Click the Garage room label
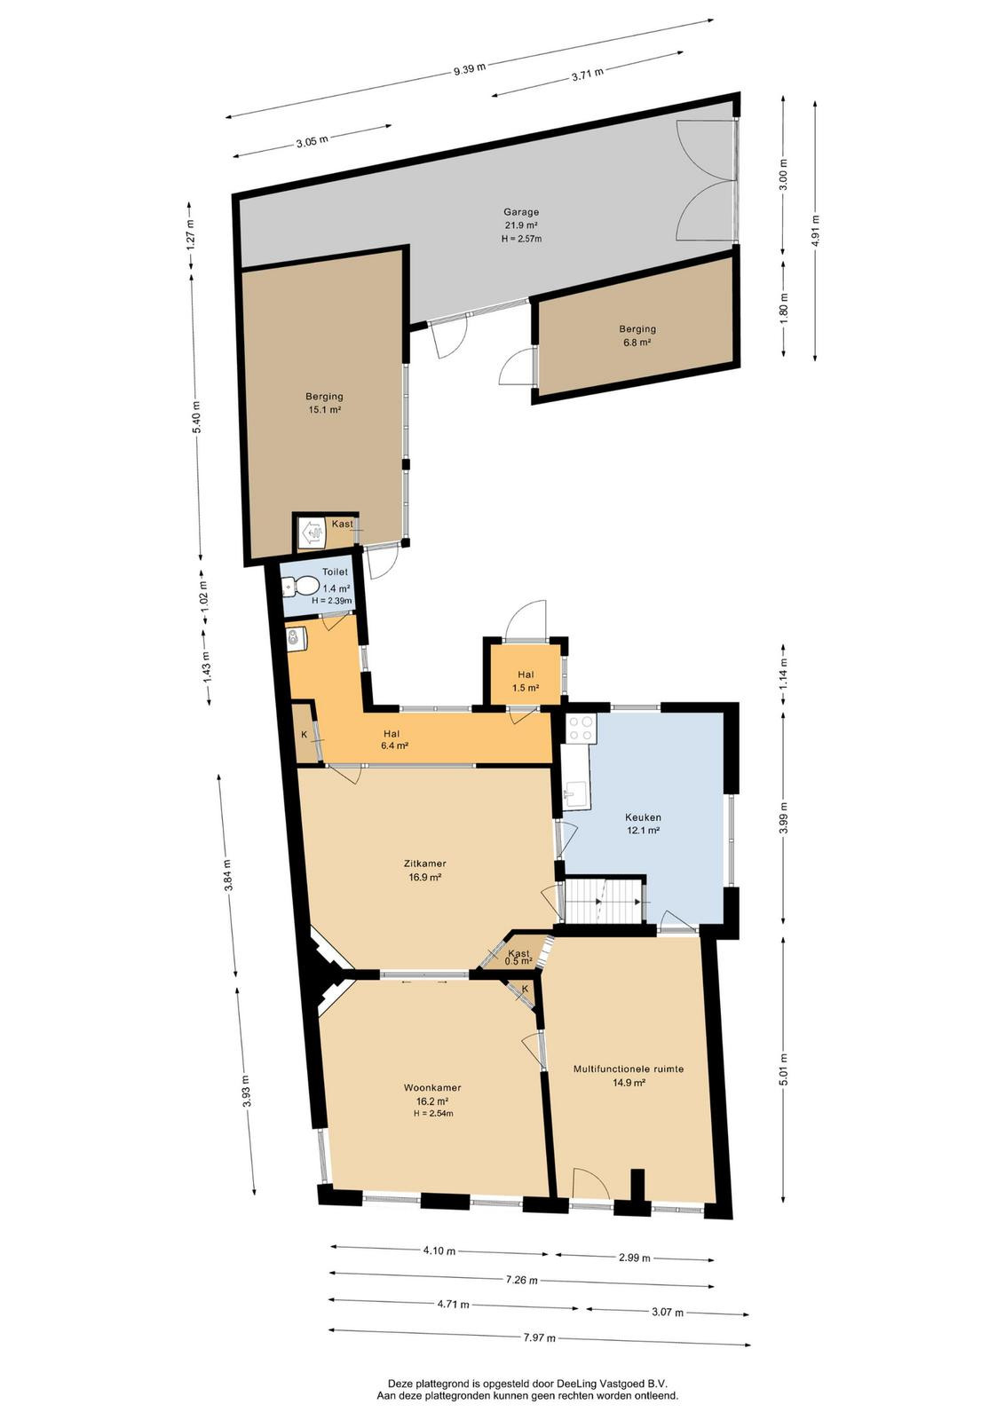[520, 212]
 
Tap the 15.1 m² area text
[325, 410]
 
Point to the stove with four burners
[581, 729]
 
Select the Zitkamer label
[425, 864]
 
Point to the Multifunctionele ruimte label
[629, 1069]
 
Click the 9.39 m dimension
[470, 69]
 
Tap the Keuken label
[643, 817]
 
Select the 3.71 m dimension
[587, 72]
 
